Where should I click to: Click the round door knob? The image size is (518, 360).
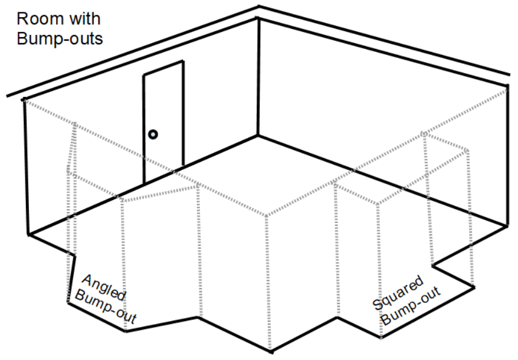(x=153, y=135)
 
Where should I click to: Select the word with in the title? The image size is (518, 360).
(x=84, y=19)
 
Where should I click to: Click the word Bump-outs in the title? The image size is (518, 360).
(x=60, y=39)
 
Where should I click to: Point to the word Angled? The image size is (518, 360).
(x=102, y=286)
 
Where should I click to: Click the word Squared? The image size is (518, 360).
(x=398, y=293)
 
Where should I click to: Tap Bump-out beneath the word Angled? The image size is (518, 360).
(x=106, y=308)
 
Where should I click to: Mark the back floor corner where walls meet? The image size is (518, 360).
(x=258, y=136)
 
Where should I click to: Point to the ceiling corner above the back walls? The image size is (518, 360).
(x=258, y=17)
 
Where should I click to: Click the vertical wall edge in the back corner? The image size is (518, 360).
(x=258, y=77)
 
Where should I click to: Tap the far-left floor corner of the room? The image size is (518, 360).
(x=28, y=234)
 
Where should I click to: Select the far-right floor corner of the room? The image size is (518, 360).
(x=506, y=225)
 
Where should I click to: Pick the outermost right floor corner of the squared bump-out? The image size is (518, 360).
(x=474, y=287)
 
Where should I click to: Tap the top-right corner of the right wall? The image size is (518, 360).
(x=507, y=86)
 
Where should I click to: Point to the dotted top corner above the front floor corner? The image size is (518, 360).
(x=265, y=216)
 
